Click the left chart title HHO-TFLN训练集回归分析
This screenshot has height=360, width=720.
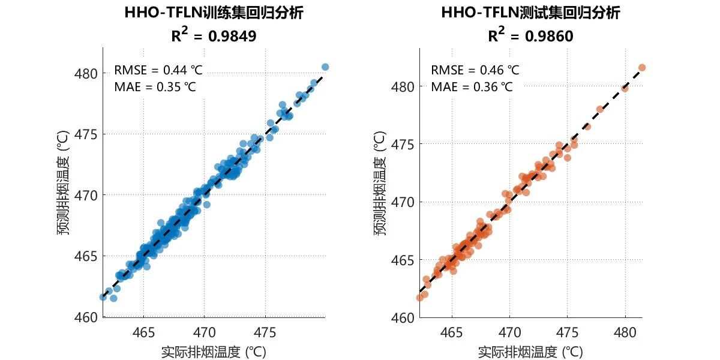pos(214,13)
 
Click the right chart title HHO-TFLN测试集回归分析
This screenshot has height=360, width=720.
pos(530,13)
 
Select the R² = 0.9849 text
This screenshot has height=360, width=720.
pos(214,36)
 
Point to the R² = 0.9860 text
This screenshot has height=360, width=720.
pos(530,36)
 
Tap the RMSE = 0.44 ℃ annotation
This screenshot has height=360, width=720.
pos(158,70)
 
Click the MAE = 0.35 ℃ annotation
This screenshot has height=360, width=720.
pos(155,87)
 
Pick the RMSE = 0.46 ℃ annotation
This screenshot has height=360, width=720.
pos(475,70)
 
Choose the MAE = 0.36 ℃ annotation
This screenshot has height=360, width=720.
pos(472,87)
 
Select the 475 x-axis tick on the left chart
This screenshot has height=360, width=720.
pos(265,332)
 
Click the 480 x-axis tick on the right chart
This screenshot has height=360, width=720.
pos(625,332)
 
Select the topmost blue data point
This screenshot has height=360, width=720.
pos(325,67)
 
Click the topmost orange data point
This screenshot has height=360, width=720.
pos(642,68)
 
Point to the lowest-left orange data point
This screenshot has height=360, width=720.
pos(420,298)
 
